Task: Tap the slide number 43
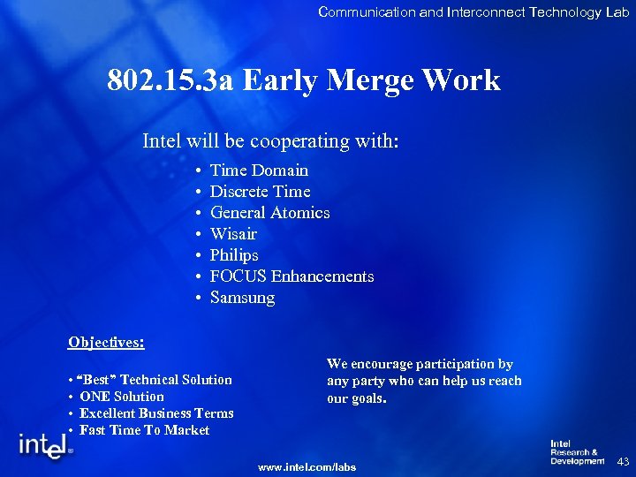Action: pyautogui.click(x=623, y=461)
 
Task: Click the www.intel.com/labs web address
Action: pyautogui.click(x=307, y=466)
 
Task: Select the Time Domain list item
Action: pyautogui.click(x=259, y=170)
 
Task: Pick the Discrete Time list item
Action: pyautogui.click(x=260, y=192)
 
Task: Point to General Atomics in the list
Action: pyautogui.click(x=269, y=213)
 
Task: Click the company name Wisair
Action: pyautogui.click(x=233, y=234)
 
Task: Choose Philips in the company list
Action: pyautogui.click(x=234, y=255)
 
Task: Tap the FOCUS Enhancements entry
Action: pyautogui.click(x=291, y=276)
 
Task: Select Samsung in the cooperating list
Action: pyautogui.click(x=242, y=298)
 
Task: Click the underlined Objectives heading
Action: pyautogui.click(x=106, y=342)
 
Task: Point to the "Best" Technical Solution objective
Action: pyautogui.click(x=155, y=380)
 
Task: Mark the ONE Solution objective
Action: pyautogui.click(x=122, y=397)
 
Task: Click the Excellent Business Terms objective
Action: pyautogui.click(x=156, y=413)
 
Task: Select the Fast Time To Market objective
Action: pyautogui.click(x=144, y=430)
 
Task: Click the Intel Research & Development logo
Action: pyautogui.click(x=576, y=452)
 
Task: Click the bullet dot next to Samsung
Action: pyautogui.click(x=201, y=298)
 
